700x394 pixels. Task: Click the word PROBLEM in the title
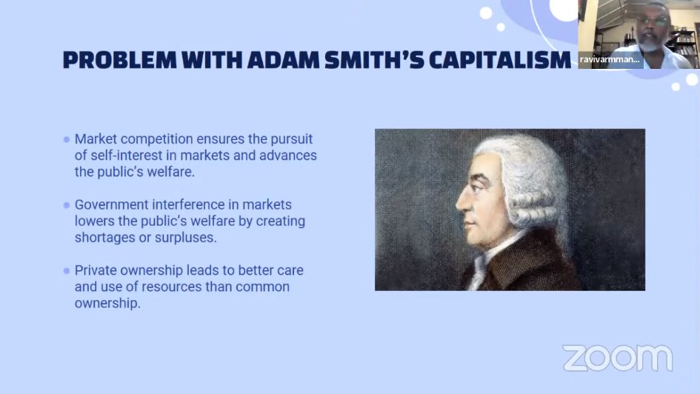120,60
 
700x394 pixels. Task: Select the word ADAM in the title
284,60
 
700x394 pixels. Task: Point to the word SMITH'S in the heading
375,60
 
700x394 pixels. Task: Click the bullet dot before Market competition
67,140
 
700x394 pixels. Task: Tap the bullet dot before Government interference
67,205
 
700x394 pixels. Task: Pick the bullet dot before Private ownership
67,271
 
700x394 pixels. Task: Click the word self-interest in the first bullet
127,156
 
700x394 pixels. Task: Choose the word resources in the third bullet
171,287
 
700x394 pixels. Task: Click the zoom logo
618,358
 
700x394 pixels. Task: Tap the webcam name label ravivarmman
610,59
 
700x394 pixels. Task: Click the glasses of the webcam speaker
653,21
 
